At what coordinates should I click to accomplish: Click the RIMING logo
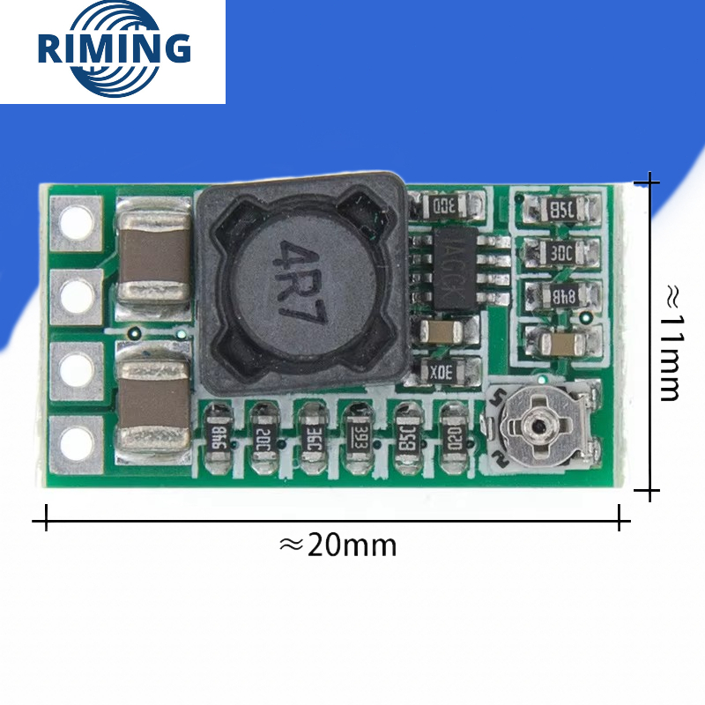click(x=114, y=49)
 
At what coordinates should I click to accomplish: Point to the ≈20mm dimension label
click(x=338, y=545)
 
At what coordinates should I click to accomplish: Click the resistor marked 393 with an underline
click(x=358, y=434)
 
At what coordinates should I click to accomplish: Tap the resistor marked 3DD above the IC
click(x=447, y=204)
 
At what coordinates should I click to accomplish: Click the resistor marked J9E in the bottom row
click(x=310, y=434)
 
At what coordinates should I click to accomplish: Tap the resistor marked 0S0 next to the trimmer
click(x=453, y=434)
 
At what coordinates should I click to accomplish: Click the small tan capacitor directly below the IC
click(x=440, y=332)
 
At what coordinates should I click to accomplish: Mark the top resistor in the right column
click(x=561, y=210)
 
